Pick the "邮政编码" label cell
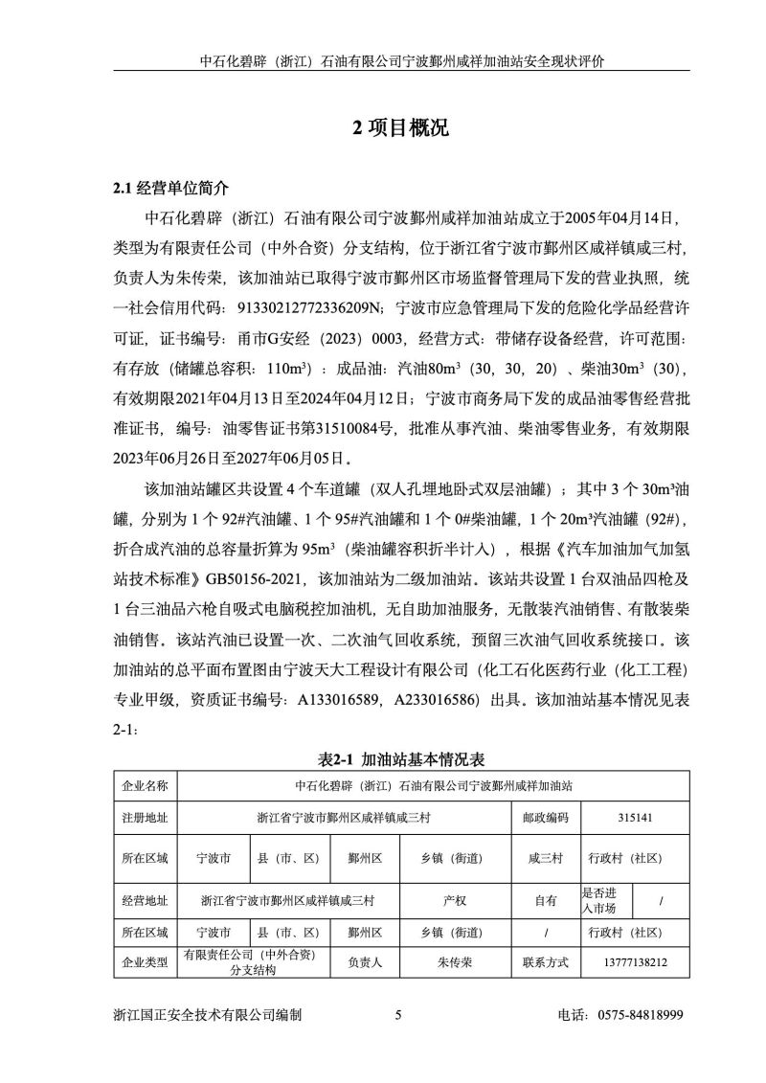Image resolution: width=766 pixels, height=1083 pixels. tap(545, 818)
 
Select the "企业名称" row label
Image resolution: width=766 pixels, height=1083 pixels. tap(145, 785)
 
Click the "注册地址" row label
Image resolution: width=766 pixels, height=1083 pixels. tap(145, 818)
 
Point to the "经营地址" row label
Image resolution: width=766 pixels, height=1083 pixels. tap(145, 900)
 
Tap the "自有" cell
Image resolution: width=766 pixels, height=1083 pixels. tap(545, 900)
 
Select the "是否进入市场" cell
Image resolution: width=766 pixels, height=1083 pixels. tap(600, 900)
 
